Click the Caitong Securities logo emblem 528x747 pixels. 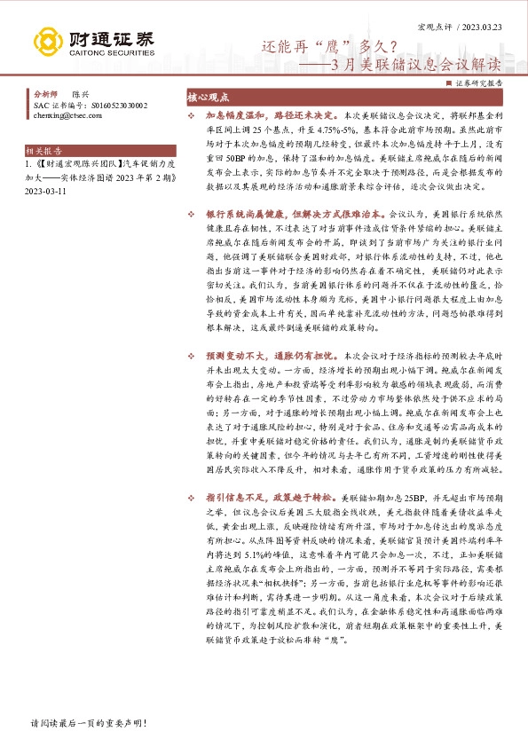click(49, 42)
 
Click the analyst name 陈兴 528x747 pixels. click(81, 93)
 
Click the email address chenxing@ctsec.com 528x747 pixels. click(67, 114)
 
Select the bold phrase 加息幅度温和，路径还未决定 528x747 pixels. click(269, 116)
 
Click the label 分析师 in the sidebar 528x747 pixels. click(44, 93)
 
